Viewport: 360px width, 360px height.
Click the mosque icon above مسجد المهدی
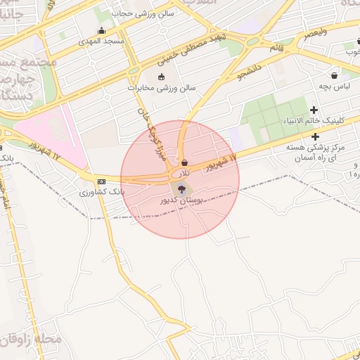pyautogui.click(x=102, y=31)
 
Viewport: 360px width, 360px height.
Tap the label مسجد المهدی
pyautogui.click(x=101, y=42)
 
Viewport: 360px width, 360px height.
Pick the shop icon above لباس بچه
pyautogui.click(x=334, y=75)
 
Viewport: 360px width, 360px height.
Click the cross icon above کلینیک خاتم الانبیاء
pyautogui.click(x=314, y=110)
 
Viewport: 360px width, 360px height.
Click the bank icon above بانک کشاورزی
pyautogui.click(x=102, y=181)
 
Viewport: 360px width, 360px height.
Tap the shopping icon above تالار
pyautogui.click(x=184, y=162)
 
